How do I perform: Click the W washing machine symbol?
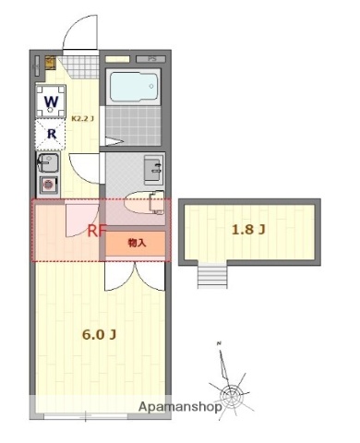52,100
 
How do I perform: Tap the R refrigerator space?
52,134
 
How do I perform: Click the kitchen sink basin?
49,164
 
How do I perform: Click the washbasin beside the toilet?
152,169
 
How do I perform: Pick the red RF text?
97,232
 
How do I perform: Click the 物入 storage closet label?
136,243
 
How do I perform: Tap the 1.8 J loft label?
250,229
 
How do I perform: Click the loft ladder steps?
211,274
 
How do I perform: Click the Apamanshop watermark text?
178,406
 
